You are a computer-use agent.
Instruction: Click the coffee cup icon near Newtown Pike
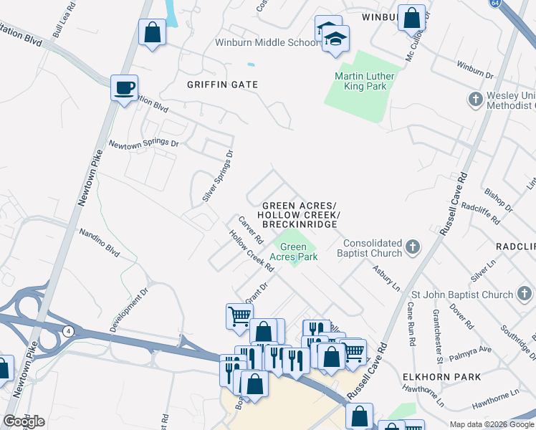click(124, 88)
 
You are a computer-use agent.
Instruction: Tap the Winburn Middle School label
click(266, 42)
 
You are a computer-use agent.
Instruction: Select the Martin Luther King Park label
click(360, 81)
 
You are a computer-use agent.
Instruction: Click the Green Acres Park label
click(294, 252)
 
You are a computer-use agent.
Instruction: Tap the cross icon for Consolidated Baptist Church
click(412, 247)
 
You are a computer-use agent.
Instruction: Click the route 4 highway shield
click(68, 330)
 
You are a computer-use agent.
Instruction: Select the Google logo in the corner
click(24, 421)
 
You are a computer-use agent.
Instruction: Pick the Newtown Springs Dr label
click(143, 143)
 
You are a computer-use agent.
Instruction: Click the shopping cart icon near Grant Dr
click(239, 315)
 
